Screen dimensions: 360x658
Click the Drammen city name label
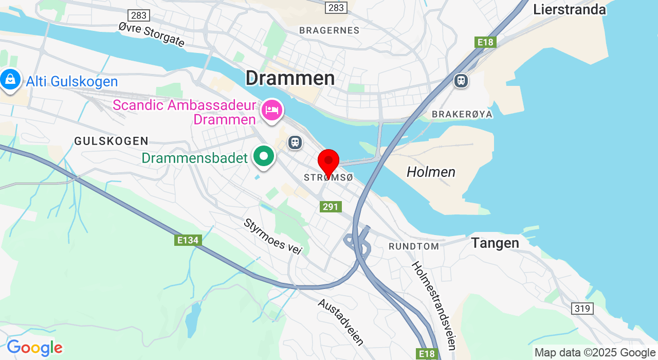pos(290,78)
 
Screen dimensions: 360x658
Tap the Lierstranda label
pos(570,9)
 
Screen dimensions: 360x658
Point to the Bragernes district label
pos(329,30)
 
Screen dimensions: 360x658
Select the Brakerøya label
pos(462,114)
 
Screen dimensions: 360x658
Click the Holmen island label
pos(431,172)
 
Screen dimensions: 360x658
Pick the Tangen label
pos(495,243)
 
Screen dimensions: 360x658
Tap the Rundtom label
pos(414,246)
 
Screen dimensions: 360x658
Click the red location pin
pos(328,161)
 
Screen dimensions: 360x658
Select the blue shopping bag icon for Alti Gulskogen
pos(10,80)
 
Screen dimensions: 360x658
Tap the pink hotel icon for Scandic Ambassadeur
pos(272,110)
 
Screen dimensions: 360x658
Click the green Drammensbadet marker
pos(264,156)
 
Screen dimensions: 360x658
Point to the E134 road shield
pos(187,240)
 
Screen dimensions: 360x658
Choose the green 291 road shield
pos(331,207)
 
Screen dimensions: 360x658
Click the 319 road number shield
pos(582,309)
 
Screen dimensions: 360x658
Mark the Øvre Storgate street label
pos(151,34)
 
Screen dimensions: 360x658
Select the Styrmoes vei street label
pos(272,237)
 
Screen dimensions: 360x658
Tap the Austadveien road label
pos(341,322)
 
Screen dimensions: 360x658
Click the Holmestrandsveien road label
pos(434,305)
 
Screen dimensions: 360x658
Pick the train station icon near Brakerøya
pos(461,80)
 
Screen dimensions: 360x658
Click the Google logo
pos(34,348)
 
